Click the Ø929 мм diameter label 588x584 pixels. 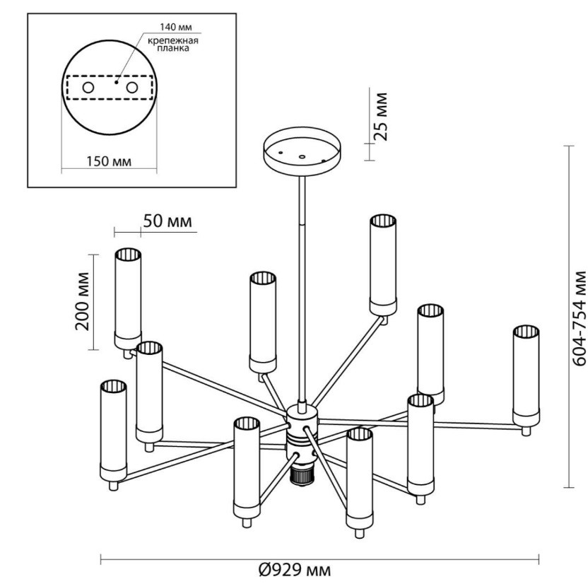294,570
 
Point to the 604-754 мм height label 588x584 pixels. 578,317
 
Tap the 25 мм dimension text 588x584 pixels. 381,115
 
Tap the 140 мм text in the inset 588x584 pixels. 167,28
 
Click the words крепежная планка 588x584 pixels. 173,45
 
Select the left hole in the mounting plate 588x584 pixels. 88,88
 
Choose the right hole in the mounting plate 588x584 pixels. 131,88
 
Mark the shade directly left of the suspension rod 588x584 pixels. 262,321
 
